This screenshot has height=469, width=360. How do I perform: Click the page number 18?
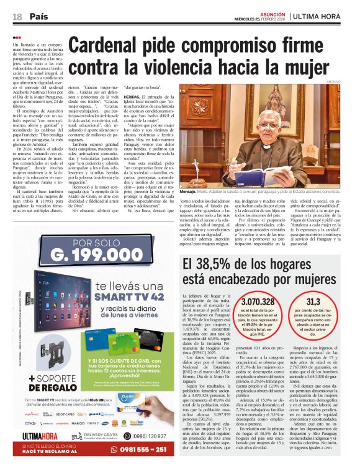point(17,16)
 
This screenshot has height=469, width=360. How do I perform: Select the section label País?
point(39,16)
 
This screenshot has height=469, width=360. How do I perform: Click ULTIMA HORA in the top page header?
point(323,16)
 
